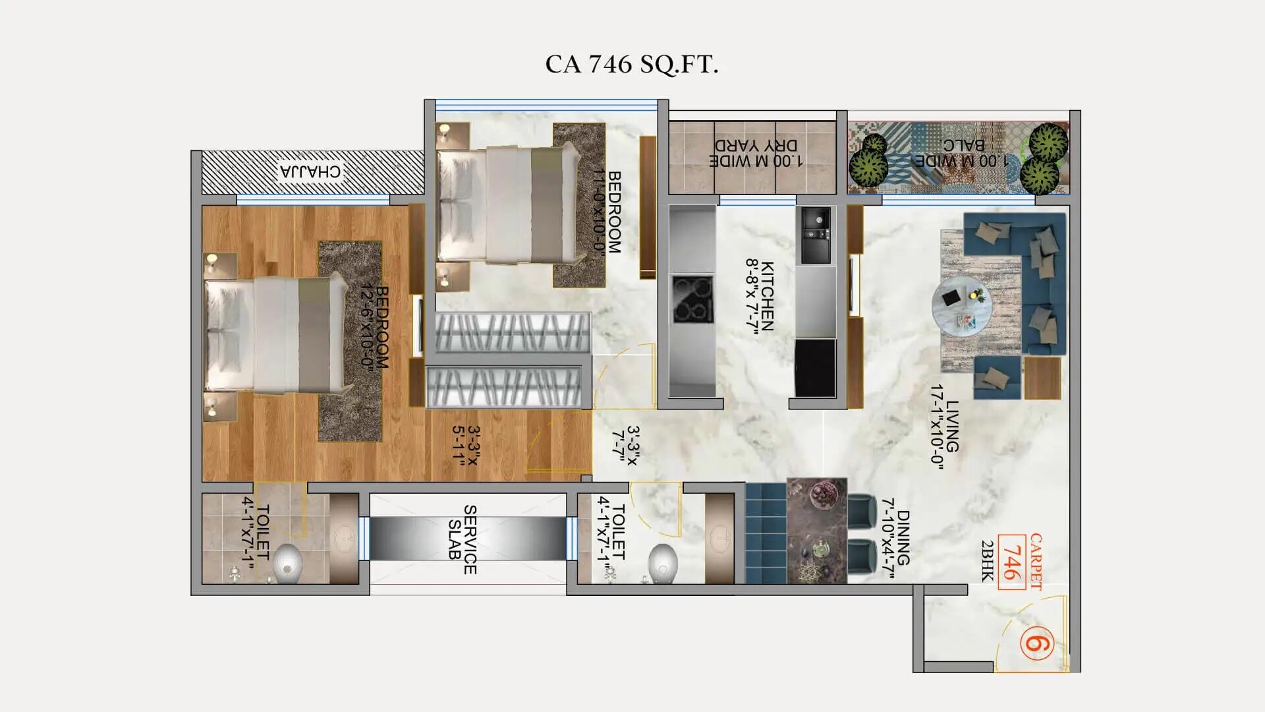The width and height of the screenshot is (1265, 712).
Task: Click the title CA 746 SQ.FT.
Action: coord(631,65)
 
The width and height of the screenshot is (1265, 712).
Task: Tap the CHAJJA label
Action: coord(310,172)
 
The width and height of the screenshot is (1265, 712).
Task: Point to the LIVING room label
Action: coord(952,425)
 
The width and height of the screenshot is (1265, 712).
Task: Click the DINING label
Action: coord(903,537)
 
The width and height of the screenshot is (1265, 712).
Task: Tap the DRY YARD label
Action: coord(756,146)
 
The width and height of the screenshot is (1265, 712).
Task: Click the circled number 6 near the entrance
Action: coord(1036,643)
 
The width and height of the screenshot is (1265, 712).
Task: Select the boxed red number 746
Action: coord(1011,562)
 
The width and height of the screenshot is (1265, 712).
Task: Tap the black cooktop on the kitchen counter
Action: coord(692,299)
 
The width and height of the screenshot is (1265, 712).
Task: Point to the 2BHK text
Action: coord(987,560)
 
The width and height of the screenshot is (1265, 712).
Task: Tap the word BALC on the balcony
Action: coord(963,146)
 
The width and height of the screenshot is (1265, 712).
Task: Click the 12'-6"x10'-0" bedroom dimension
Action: coord(366,328)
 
